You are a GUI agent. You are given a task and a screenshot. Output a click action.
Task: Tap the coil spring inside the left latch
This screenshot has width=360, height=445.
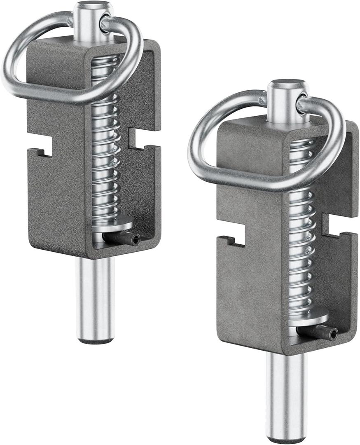click(105, 165)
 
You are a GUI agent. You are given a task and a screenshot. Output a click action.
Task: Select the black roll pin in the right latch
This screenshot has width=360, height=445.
click(318, 332)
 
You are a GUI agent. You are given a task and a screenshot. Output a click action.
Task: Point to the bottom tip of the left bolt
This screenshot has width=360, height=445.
click(96, 341)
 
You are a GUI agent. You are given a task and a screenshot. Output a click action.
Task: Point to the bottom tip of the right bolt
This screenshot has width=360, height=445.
click(286, 440)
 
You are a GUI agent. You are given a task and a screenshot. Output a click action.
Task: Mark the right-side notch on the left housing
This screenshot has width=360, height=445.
click(134, 138)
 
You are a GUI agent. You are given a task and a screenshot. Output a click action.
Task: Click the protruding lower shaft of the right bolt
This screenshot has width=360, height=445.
click(286, 396)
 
